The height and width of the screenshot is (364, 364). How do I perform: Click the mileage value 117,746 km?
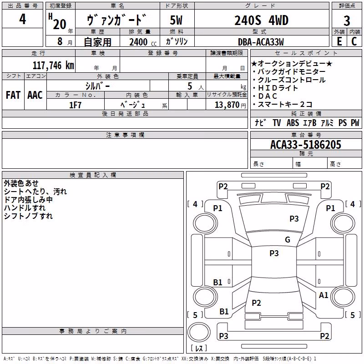pyautogui.click(x=53, y=66)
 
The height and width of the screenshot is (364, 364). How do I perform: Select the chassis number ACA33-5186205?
pyautogui.click(x=306, y=145)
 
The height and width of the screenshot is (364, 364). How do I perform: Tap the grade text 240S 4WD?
pyautogui.click(x=261, y=20)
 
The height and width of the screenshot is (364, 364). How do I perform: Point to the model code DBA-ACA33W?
pyautogui.click(x=261, y=42)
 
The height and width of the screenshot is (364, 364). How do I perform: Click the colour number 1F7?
pyautogui.click(x=75, y=105)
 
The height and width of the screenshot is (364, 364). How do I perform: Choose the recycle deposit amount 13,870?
pyautogui.click(x=227, y=105)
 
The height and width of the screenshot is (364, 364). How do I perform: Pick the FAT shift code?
pyautogui.click(x=13, y=95)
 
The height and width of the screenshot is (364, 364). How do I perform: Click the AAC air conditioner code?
pyautogui.click(x=35, y=95)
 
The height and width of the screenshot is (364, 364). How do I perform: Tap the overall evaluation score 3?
pyautogui.click(x=347, y=21)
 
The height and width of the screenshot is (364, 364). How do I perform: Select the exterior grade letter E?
pyautogui.click(x=339, y=41)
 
